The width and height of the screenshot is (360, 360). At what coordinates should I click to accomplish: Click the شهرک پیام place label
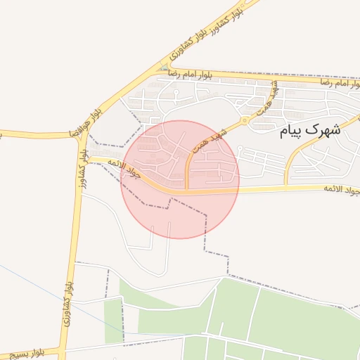[x=309, y=130]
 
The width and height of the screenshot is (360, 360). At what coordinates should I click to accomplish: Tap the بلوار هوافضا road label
[x=86, y=120]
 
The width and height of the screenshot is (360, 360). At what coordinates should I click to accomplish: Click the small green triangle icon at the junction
[x=164, y=69]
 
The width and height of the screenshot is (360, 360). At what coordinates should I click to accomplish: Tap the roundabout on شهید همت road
[x=245, y=120]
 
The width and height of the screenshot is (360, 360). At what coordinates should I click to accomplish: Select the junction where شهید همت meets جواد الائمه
[x=186, y=190]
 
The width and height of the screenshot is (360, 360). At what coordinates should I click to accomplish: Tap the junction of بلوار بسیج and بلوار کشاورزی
[x=63, y=350]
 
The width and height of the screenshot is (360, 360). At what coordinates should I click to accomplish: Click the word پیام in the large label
[x=292, y=131]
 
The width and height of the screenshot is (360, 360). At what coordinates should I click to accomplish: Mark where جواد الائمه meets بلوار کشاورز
[x=88, y=160]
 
